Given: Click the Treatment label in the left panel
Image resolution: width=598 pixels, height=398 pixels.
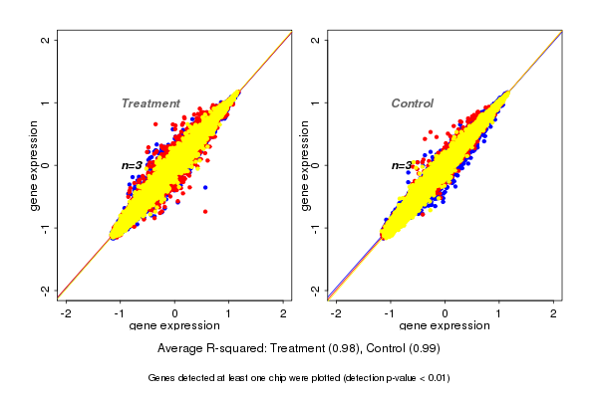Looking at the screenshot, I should (150, 103).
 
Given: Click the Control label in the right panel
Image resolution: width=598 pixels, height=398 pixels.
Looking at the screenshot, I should (413, 103).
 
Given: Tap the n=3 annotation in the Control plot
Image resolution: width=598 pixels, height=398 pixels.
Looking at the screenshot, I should (402, 165).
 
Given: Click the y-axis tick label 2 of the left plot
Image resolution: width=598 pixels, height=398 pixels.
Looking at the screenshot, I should (46, 40).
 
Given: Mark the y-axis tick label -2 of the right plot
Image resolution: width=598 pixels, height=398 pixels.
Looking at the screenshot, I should (316, 290).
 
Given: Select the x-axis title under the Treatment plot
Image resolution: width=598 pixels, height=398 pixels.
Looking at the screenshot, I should (174, 326).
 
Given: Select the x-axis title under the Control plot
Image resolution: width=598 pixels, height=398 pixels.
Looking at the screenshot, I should (445, 326).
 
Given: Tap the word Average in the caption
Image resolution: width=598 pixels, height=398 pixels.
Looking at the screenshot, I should (181, 349).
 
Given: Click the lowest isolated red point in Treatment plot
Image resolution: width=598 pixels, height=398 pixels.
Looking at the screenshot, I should (205, 211).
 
